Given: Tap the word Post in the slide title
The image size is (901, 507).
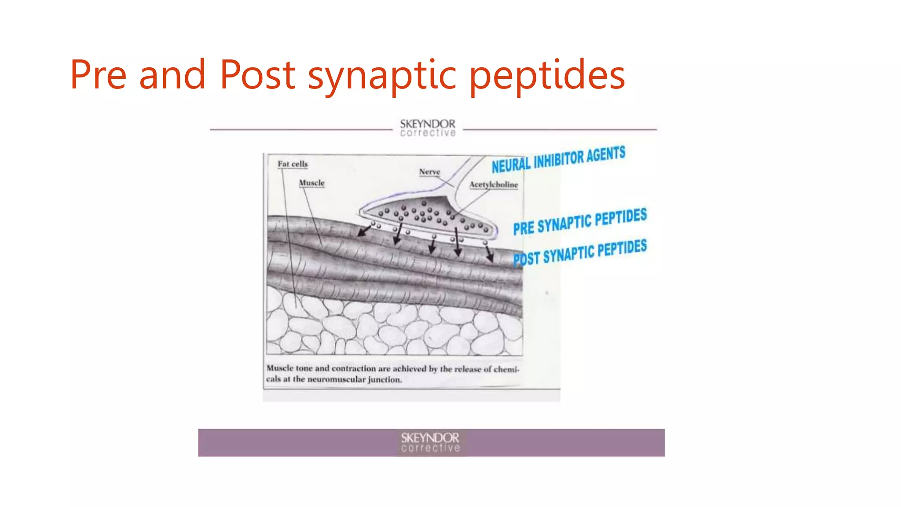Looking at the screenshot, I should [x=257, y=75].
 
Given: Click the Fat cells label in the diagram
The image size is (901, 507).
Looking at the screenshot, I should [x=293, y=164].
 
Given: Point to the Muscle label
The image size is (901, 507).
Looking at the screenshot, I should [x=311, y=183].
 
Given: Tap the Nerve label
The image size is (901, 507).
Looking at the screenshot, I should [x=429, y=172].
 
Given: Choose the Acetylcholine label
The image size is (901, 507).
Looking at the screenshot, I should [x=493, y=184].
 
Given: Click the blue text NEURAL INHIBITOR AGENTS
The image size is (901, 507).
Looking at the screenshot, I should [x=558, y=159].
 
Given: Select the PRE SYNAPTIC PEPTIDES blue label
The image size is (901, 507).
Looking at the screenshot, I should [x=580, y=221].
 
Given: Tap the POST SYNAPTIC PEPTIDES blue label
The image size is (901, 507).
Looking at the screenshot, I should [x=580, y=253].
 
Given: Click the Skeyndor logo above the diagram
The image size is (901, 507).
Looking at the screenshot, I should [x=428, y=128].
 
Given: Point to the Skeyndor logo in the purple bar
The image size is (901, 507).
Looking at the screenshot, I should [x=430, y=442].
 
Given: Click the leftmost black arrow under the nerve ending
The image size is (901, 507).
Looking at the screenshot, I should [x=363, y=231].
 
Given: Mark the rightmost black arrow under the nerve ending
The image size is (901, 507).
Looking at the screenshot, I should [x=489, y=254].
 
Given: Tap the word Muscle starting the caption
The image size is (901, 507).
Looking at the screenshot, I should [x=280, y=368].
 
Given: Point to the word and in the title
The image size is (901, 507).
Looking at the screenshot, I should [x=172, y=75].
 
